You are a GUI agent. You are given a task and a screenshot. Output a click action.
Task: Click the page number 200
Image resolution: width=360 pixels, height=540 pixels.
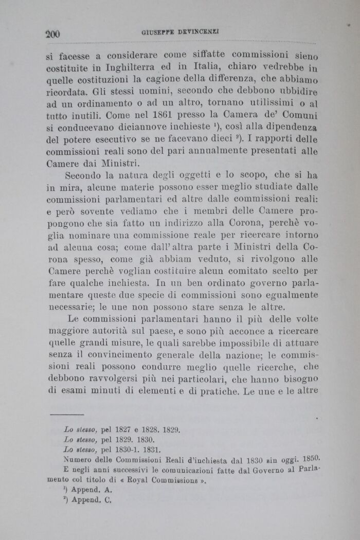coord(53,34)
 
